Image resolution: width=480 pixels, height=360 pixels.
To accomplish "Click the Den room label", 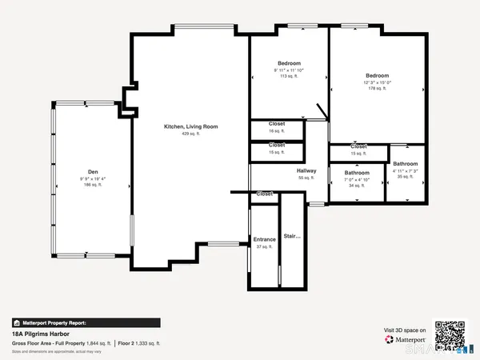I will coord(93,171).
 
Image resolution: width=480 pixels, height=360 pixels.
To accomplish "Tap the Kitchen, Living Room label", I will coord(190,126).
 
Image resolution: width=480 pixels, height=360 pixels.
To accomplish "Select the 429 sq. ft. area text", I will coord(190,134).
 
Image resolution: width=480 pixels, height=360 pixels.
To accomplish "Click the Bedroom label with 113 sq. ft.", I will coord(289,63).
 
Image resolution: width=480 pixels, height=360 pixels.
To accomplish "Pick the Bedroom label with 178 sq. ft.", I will coord(377,76).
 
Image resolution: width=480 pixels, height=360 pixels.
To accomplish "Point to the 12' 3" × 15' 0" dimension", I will coord(377,82).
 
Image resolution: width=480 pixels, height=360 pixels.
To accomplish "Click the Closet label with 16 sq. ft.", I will coord(277,124).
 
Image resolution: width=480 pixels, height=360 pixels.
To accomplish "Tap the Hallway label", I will coord(306,170).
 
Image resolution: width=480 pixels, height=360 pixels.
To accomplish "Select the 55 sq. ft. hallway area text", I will coord(306,178).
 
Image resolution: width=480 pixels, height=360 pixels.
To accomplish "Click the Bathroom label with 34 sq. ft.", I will coord(357,173).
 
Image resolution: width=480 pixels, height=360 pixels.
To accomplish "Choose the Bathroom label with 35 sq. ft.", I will coord(405,163).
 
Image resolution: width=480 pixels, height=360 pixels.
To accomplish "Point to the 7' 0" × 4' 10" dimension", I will coord(357,179).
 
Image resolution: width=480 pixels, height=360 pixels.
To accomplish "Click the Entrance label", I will coord(264,239).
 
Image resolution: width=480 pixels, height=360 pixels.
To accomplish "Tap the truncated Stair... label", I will coord(293,237).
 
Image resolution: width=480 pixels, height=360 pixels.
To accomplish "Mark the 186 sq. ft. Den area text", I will coord(93,185).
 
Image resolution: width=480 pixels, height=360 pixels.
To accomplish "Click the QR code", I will coord(449,334).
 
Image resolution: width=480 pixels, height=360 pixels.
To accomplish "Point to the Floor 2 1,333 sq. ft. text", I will coord(139,342).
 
